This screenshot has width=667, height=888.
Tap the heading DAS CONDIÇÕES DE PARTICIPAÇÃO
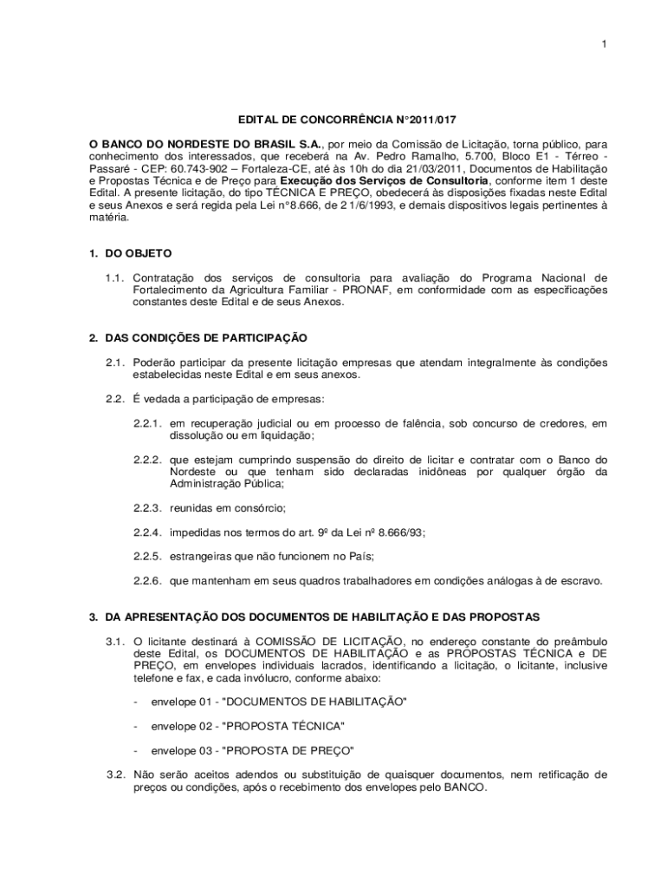[x=205, y=337]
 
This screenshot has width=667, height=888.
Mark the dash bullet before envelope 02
[x=137, y=726]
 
